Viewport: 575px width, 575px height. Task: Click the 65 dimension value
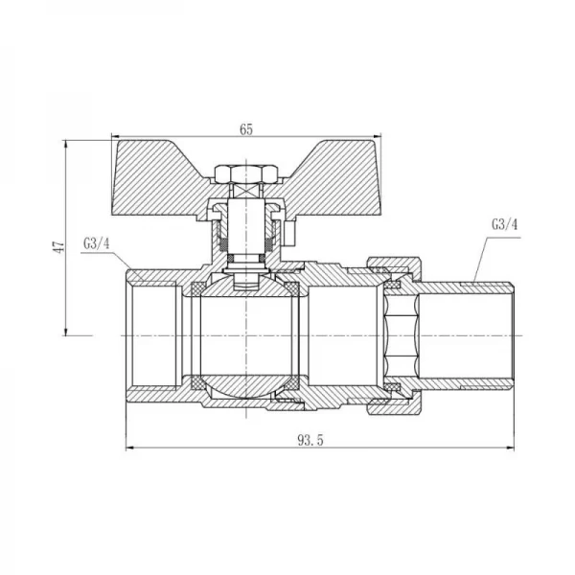point(246,129)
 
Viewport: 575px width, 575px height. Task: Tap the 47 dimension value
point(59,246)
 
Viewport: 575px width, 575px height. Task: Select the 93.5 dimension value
point(310,440)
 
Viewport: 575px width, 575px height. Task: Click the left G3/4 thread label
point(97,243)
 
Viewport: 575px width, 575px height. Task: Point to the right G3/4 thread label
point(505,224)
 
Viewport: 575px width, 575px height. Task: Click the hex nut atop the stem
point(245,174)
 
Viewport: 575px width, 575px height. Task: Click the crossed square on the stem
point(245,191)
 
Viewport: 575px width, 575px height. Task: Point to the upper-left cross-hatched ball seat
point(198,288)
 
